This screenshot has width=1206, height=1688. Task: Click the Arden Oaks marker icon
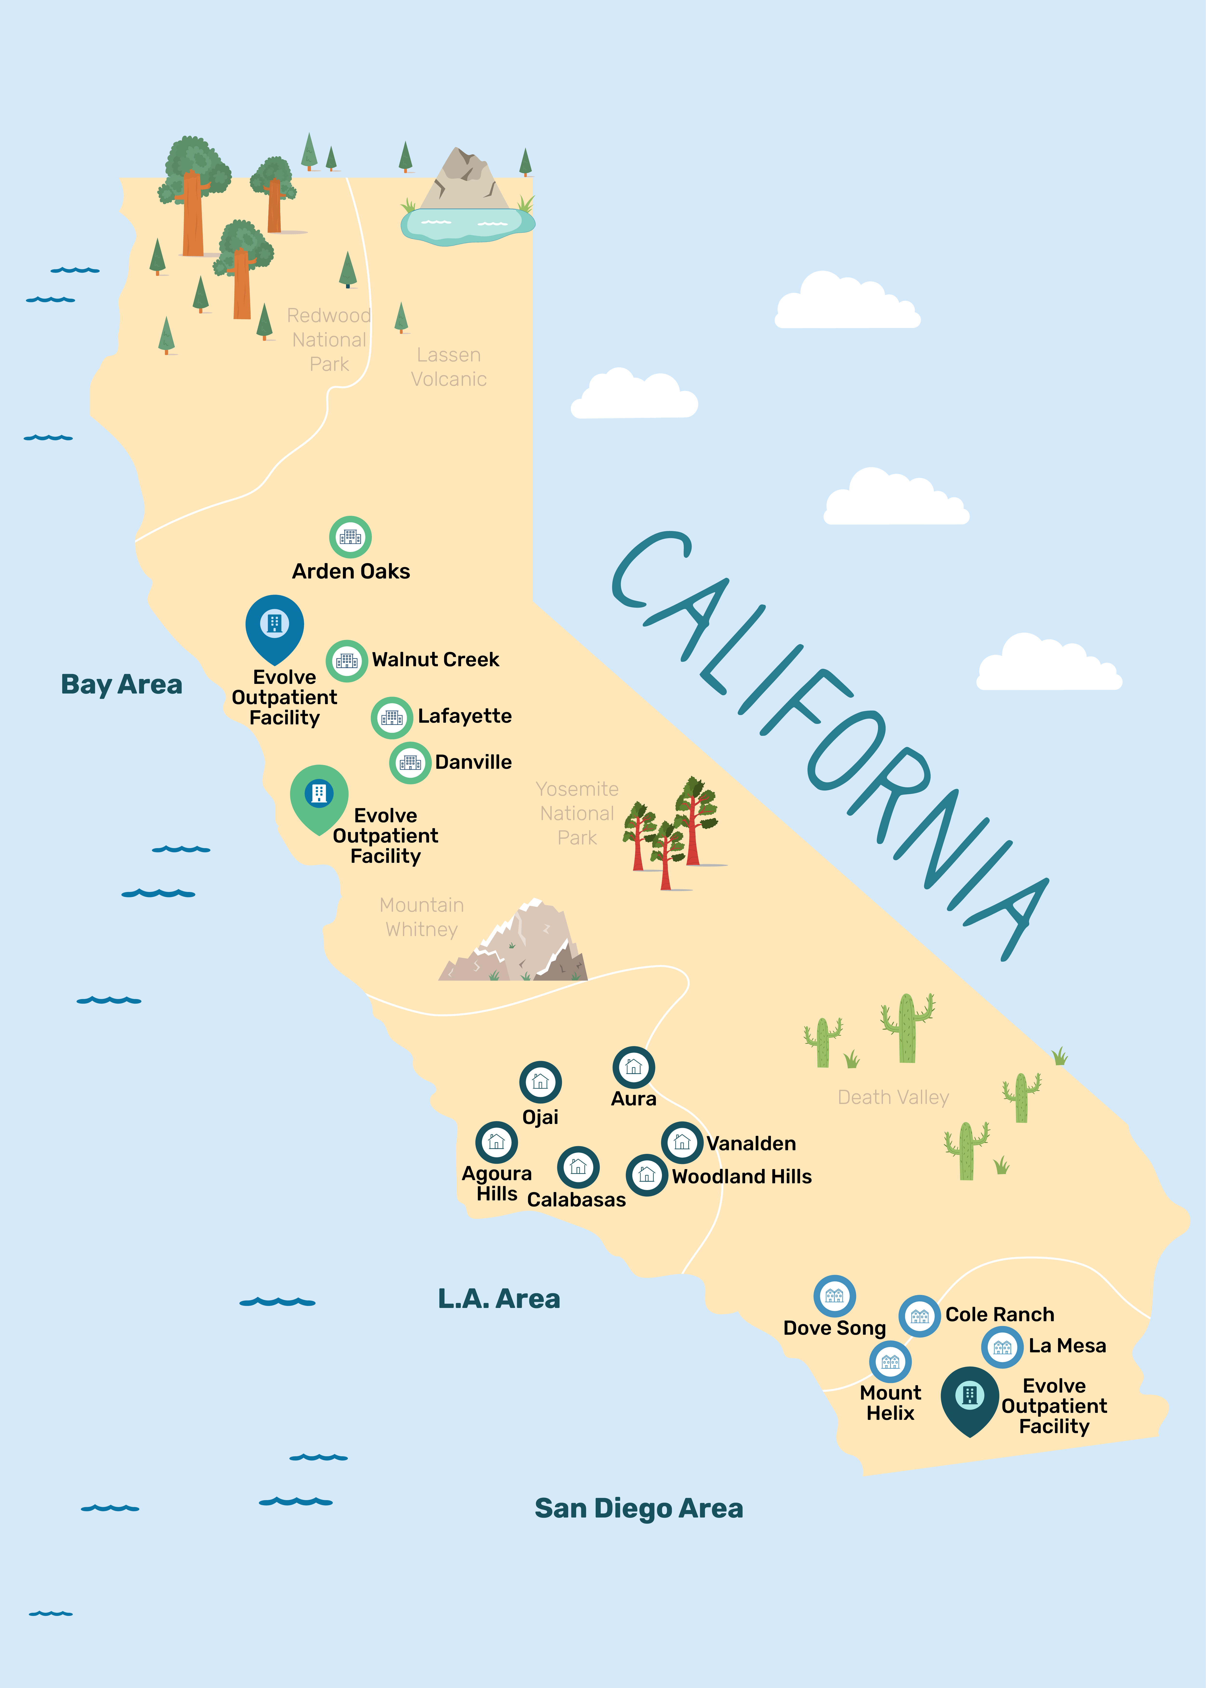(x=350, y=537)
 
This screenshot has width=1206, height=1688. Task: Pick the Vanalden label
(x=751, y=1144)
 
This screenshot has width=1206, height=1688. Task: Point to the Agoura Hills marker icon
(x=496, y=1142)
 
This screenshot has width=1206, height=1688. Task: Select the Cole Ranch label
(x=1000, y=1314)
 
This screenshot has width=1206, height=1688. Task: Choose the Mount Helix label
(x=890, y=1403)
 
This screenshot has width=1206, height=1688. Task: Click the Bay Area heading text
(x=122, y=684)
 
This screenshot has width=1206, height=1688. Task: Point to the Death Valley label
(x=893, y=1098)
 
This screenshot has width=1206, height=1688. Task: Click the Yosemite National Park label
(x=577, y=813)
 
